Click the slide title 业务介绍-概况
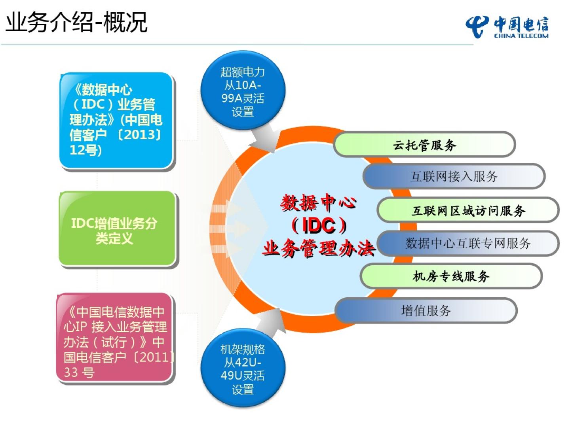click(76, 22)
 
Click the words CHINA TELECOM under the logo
click(521, 36)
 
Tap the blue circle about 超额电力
click(243, 91)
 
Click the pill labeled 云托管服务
click(424, 145)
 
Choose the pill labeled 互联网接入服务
click(454, 176)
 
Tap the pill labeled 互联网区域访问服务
click(468, 211)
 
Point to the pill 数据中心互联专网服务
click(468, 243)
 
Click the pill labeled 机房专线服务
click(451, 276)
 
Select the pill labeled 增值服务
click(426, 311)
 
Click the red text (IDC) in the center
click(319, 225)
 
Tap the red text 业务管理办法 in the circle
click(319, 249)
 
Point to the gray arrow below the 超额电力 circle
click(265, 138)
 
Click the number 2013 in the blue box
click(141, 134)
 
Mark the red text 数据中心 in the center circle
click(318, 203)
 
